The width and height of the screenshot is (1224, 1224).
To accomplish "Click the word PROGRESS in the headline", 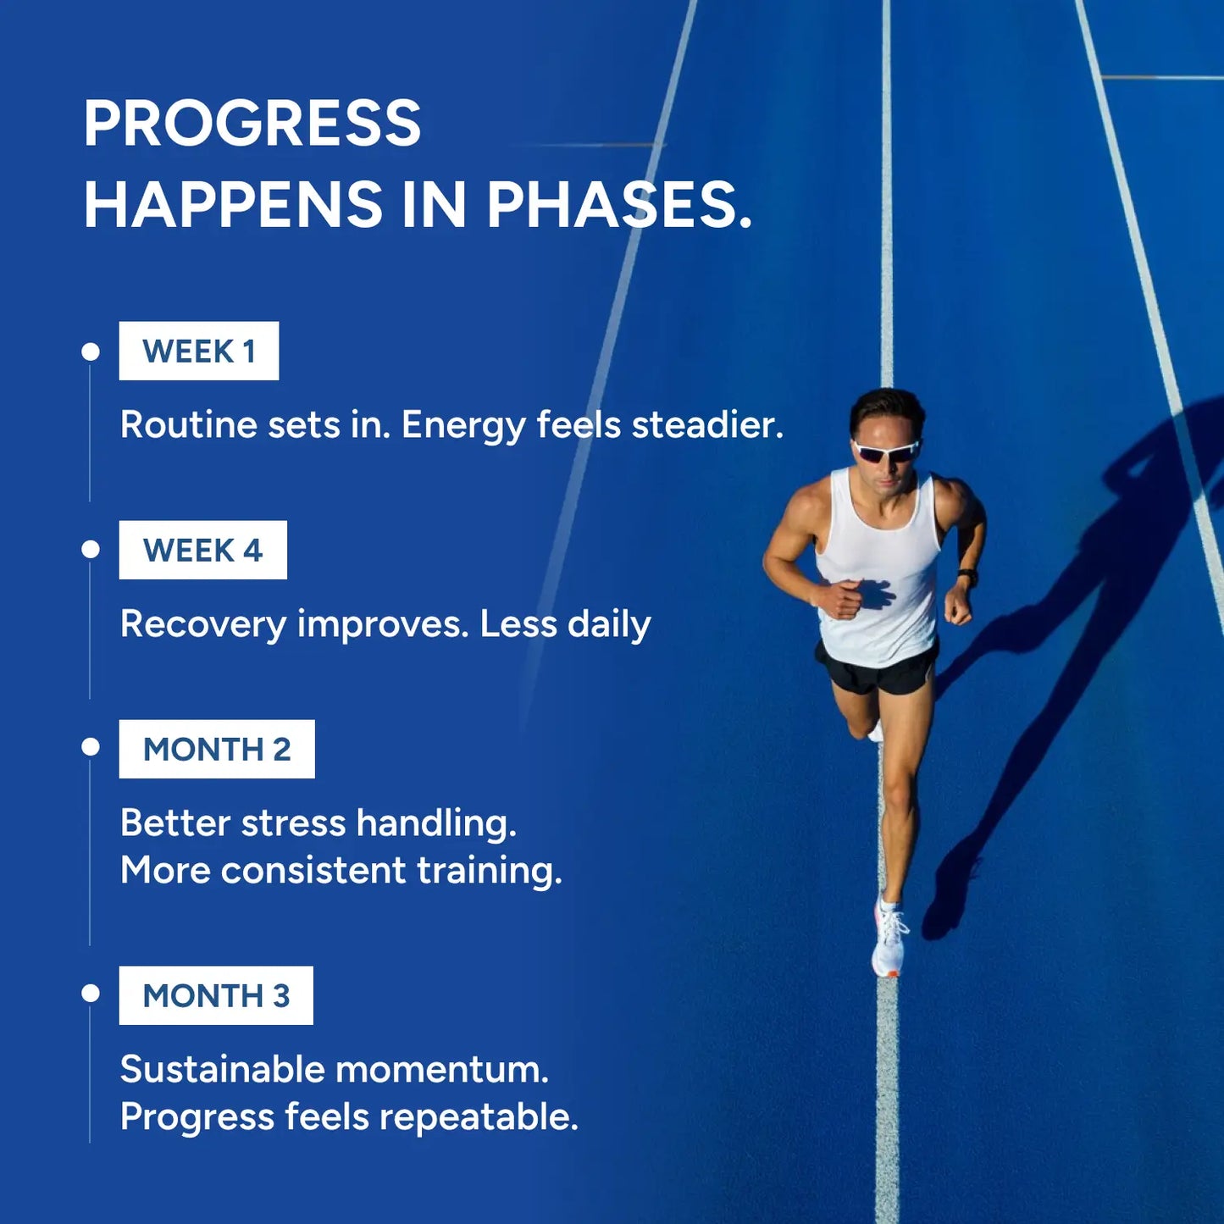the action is (252, 123).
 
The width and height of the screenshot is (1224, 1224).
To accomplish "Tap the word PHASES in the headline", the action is (619, 204).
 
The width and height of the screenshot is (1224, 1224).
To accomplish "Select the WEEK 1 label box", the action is (199, 351).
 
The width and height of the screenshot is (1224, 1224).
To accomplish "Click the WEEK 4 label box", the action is (202, 550).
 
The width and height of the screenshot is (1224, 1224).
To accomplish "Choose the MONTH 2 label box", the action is (217, 749).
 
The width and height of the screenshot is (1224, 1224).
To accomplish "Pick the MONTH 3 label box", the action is (216, 995).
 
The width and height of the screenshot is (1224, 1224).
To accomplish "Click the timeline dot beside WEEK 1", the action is (91, 352).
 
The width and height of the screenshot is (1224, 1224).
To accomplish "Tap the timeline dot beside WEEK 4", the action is (91, 550).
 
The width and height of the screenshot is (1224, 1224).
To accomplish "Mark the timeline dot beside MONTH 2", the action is (91, 747).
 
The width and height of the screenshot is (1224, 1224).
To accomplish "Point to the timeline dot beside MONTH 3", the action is (91, 993).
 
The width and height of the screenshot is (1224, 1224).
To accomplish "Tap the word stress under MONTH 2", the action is (293, 824).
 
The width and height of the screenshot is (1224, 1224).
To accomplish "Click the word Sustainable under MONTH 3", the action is (222, 1069).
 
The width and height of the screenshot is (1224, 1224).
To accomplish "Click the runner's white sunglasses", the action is (887, 451).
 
